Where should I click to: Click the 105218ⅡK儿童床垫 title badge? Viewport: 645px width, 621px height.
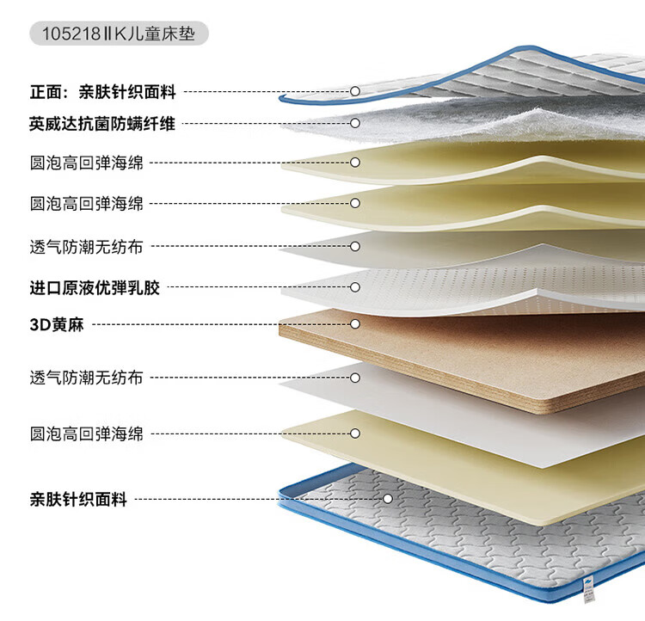point(119,34)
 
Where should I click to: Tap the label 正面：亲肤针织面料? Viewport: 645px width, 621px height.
point(102,91)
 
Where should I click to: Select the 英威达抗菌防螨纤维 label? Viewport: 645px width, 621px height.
point(102,124)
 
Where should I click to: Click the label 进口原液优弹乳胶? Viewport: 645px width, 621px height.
point(95,287)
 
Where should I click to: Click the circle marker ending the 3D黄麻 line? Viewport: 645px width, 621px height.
point(354,324)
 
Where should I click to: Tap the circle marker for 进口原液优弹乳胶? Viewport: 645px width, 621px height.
point(354,287)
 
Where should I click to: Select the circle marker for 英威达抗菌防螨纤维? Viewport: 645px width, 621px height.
point(354,124)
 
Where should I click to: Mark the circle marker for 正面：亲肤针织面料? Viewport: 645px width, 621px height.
point(354,91)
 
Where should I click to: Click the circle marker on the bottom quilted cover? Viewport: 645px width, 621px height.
point(388,498)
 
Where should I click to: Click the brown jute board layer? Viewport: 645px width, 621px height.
point(482,353)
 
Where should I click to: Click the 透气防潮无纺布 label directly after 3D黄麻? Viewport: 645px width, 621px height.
point(86,378)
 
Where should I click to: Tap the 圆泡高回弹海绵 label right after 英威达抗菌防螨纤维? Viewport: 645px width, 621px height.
point(86,162)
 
